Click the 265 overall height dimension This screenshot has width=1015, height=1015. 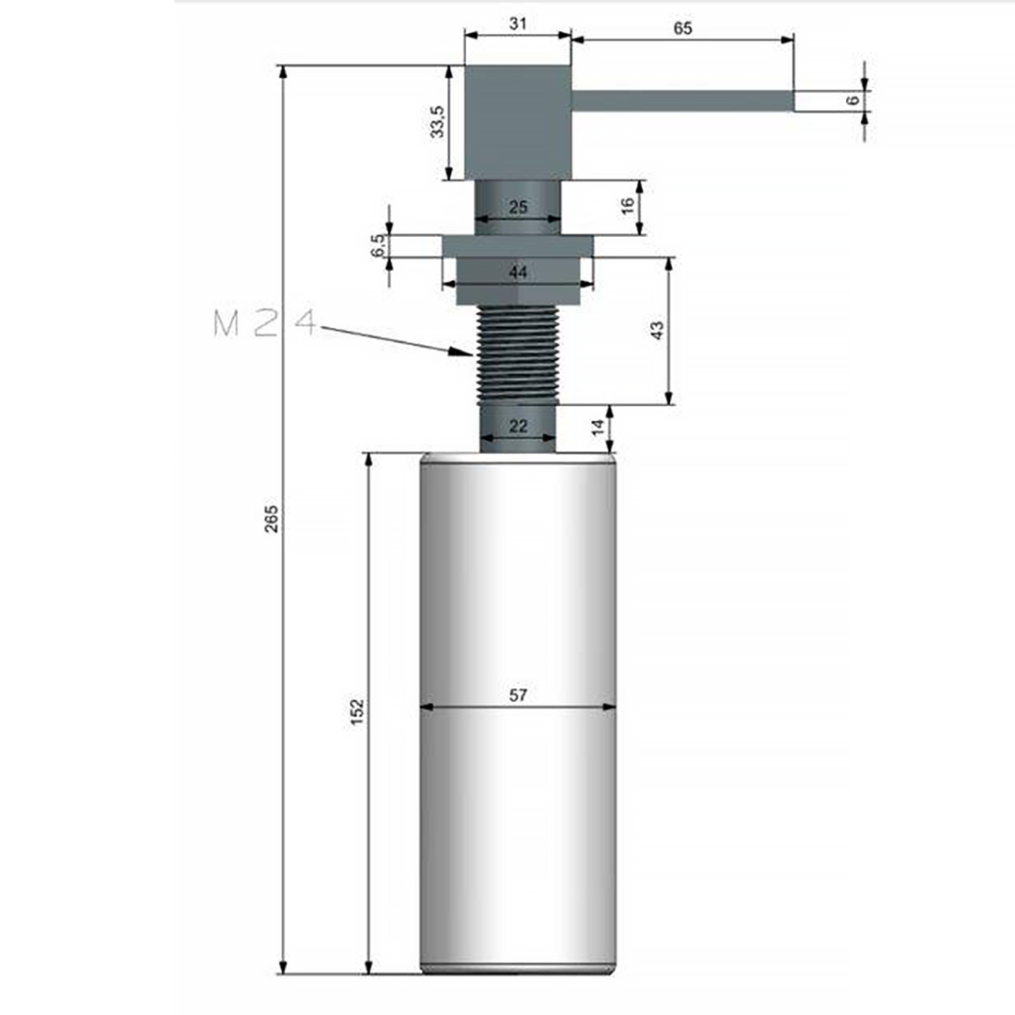pos(272,519)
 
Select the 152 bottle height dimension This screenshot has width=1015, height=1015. pos(357,712)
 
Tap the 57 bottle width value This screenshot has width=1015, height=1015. pos(518,695)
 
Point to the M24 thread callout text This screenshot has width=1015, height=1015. pos(264,322)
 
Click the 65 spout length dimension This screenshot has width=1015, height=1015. pos(682,28)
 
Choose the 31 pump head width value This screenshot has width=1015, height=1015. pos(518,23)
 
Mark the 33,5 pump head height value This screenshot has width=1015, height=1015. pos(438,121)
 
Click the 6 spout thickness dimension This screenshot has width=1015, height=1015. pos(853,100)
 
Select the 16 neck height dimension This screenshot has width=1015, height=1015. pos(627,206)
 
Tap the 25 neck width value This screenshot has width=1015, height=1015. pos(518,207)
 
